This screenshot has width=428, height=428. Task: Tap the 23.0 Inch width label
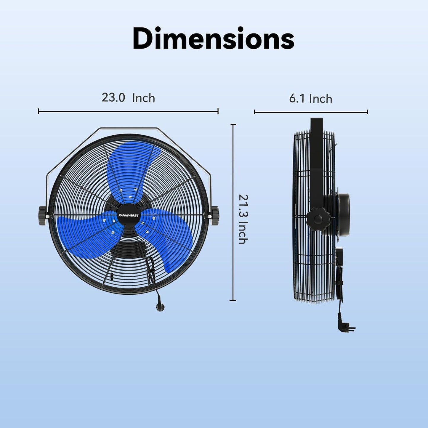point(128,98)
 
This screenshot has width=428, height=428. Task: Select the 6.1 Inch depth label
point(310,99)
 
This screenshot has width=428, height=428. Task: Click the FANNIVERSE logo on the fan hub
point(128,216)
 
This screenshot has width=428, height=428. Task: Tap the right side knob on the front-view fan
point(215,216)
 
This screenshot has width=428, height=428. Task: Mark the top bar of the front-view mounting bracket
point(128,129)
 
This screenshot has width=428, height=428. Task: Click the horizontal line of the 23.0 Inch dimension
point(128,112)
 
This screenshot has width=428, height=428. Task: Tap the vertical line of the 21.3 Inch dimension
point(233,212)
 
